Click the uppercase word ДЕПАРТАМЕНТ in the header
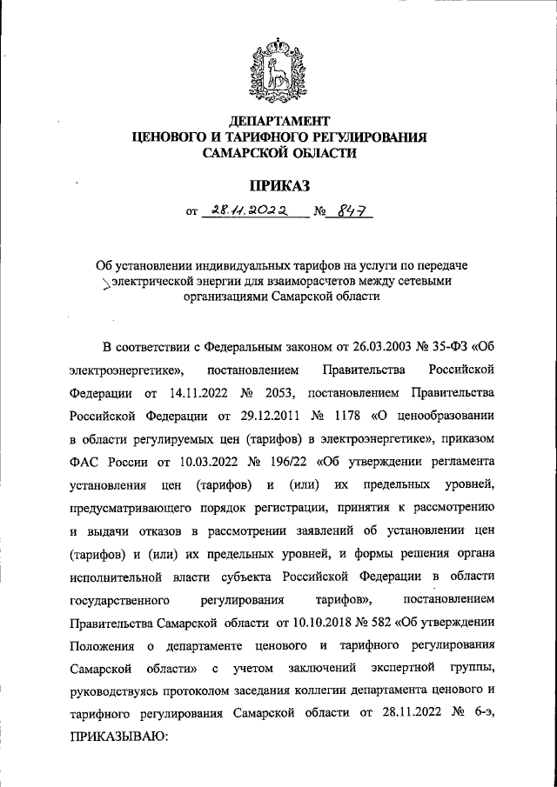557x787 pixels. (278, 119)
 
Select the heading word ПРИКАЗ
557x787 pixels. (278, 184)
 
